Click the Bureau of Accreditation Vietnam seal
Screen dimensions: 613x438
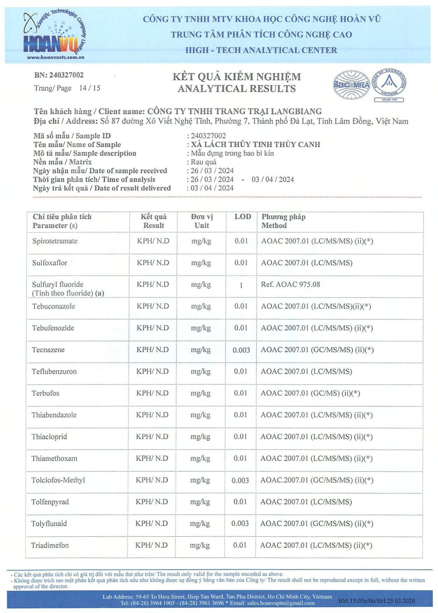point(389,83)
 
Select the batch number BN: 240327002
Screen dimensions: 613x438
point(59,75)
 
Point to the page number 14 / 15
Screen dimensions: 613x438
point(89,88)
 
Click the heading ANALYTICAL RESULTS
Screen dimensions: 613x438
point(237,89)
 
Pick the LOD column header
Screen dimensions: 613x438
point(242,217)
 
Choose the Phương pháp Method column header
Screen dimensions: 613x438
point(283,221)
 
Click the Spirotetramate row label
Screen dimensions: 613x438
point(55,241)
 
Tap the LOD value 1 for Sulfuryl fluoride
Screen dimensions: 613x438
point(241,285)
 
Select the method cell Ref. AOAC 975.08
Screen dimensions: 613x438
point(291,285)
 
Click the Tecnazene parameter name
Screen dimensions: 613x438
point(48,350)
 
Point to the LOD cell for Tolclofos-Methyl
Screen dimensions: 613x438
point(240,480)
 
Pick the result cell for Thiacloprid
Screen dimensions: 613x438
point(152,437)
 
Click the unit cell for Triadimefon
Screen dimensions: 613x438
point(200,545)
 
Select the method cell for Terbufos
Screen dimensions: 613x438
point(310,393)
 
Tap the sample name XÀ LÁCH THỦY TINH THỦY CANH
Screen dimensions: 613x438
point(255,144)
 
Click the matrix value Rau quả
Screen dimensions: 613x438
point(203,162)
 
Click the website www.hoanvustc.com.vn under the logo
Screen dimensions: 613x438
point(56,57)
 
